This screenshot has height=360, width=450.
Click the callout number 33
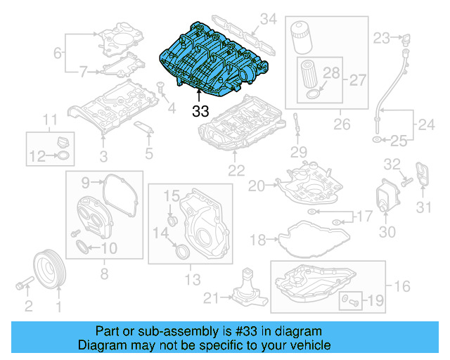[x=200, y=110]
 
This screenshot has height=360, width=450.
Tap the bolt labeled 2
[x=25, y=285]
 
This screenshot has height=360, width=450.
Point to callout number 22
[x=232, y=169]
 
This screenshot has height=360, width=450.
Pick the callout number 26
[x=342, y=125]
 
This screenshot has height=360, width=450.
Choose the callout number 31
[x=423, y=207]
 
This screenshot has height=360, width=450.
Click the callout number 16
[x=402, y=286]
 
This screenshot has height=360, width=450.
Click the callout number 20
[x=255, y=186]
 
